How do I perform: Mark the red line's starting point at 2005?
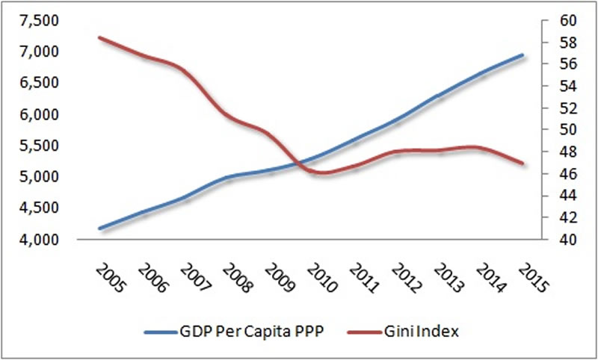tap(100, 37)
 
